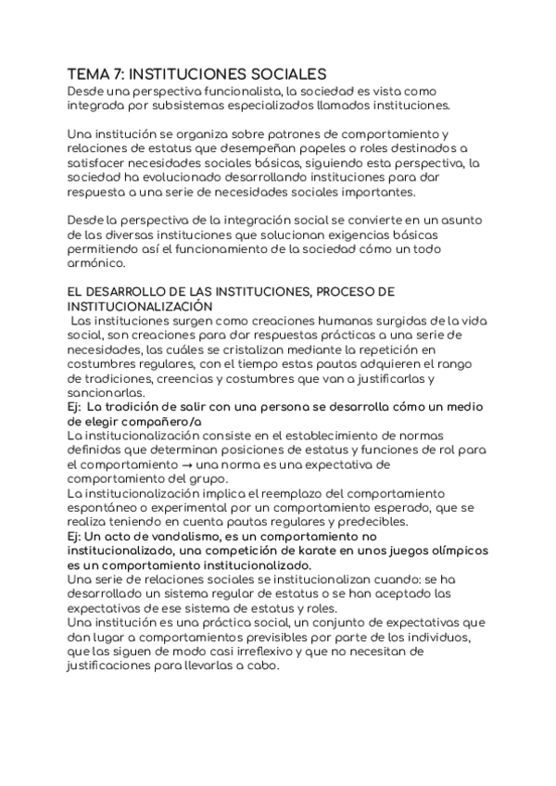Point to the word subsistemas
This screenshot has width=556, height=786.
tap(171, 106)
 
